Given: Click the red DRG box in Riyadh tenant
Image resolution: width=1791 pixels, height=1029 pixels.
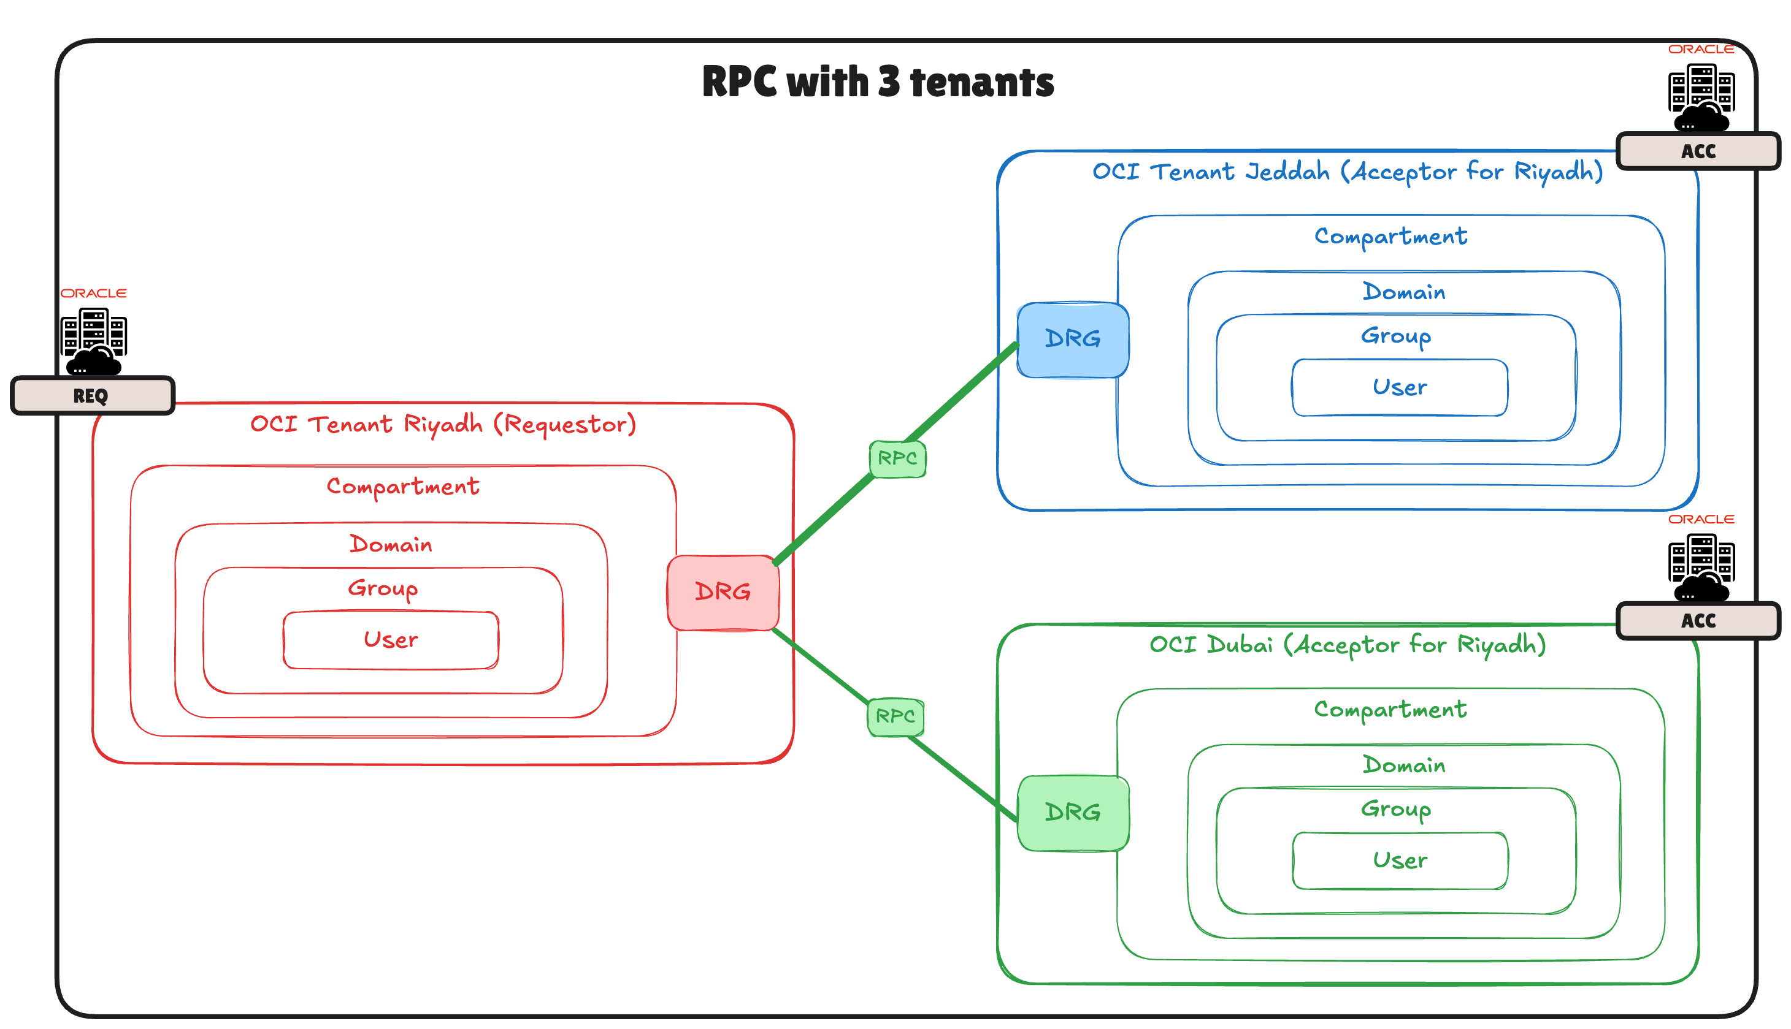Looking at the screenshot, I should point(723,592).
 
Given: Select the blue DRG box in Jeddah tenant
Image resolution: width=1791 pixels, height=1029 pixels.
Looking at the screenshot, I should point(1072,340).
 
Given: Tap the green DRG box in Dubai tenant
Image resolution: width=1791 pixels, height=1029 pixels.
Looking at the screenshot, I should point(1072,813).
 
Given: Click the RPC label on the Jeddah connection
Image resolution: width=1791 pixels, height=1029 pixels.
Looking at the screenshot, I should point(897,458).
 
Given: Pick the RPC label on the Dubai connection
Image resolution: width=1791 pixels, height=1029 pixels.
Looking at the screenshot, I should point(895,716).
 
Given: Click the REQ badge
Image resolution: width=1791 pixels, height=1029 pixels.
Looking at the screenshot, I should point(92,396).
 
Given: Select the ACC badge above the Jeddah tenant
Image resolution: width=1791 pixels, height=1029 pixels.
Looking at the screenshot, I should point(1698,151).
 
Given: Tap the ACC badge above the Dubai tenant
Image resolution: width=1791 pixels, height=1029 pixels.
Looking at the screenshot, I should point(1698,620).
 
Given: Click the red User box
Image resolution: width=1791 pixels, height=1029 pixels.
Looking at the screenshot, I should point(390,640).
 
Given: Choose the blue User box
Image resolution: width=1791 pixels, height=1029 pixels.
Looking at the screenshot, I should point(1399,387).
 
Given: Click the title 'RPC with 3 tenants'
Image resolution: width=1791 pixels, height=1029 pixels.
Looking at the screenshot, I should point(878,82).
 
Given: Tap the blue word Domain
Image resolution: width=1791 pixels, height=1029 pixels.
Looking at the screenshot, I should point(1403,292).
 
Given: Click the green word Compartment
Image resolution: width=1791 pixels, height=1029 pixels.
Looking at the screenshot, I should point(1390,710).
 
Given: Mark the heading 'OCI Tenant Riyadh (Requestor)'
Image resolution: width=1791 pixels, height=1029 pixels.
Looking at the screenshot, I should point(443,424).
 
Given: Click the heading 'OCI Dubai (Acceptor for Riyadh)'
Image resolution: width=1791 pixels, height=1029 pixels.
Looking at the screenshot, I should point(1347,645).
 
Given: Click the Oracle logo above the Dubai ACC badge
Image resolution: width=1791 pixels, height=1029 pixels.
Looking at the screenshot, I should point(1700,520).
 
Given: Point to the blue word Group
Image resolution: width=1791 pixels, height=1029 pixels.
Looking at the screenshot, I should point(1396,336).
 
